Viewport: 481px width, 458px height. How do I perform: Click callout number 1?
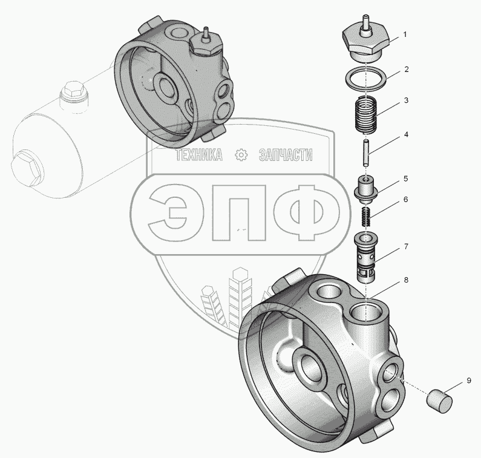(405, 34)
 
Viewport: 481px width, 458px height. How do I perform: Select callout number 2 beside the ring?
(407, 70)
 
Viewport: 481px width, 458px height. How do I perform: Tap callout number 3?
(406, 100)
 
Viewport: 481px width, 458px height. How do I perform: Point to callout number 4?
(406, 134)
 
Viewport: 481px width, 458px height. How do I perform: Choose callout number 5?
(406, 179)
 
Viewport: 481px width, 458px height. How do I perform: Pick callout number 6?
(406, 200)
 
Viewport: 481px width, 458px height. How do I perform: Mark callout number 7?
(406, 246)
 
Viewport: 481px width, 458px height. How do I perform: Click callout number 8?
(406, 280)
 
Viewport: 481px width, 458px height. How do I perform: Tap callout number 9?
(469, 381)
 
